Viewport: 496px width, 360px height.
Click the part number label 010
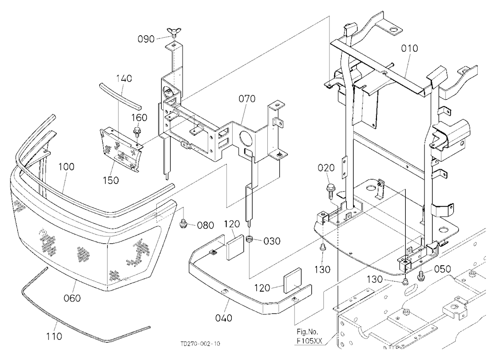click(x=409, y=49)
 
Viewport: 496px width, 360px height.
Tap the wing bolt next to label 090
click(x=174, y=33)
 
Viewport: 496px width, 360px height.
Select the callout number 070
click(x=247, y=99)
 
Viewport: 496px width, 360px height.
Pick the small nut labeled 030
click(x=250, y=240)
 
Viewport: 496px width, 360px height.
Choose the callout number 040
click(x=224, y=318)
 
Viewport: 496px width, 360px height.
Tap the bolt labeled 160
click(x=137, y=130)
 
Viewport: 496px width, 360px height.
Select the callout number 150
click(x=111, y=180)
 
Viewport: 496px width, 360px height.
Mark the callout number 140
click(x=124, y=78)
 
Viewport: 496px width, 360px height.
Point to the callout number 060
click(x=72, y=298)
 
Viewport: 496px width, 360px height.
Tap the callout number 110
click(x=54, y=336)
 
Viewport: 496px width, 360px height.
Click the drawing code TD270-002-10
click(x=200, y=344)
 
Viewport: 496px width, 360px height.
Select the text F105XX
click(x=310, y=341)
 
